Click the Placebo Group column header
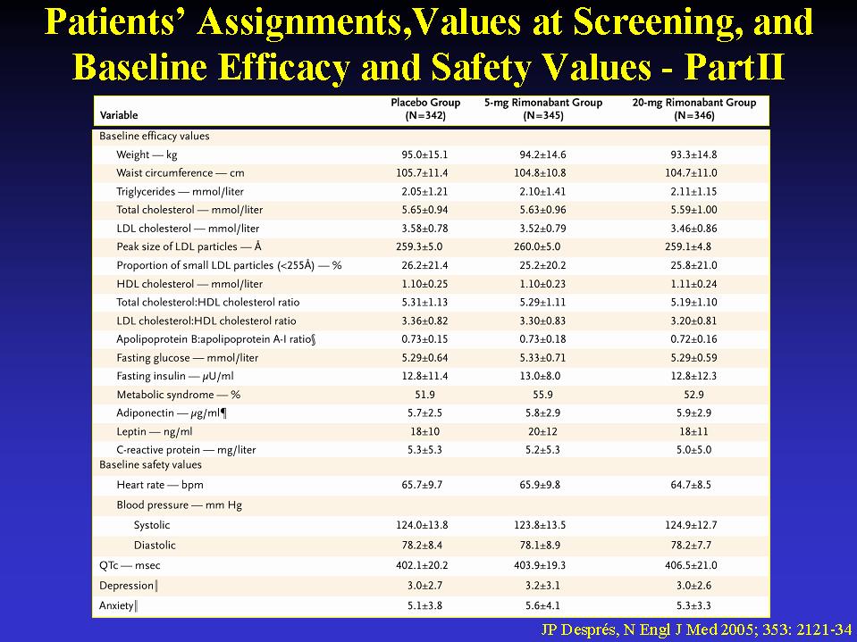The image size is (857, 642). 425,109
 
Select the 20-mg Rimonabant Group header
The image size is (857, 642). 694,109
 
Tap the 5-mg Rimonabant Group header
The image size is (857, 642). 543,109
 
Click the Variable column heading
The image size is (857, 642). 119,115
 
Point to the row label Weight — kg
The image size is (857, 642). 147,155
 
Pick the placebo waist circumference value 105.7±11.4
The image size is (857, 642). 422,173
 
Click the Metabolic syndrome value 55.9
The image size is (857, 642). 542,395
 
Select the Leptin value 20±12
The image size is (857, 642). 542,432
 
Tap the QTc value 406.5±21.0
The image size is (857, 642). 691,565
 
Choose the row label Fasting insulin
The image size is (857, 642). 175,376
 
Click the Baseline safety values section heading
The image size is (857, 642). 150,465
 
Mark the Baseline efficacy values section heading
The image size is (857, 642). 154,137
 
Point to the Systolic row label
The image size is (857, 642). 151,525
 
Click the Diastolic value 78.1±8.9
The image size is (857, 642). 540,546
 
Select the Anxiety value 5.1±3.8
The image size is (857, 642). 424,606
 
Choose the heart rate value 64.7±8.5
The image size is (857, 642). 693,485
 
